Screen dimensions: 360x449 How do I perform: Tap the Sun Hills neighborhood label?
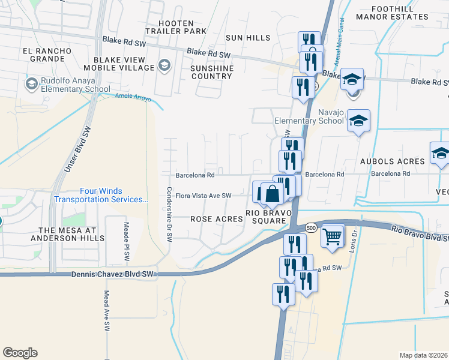click(248, 38)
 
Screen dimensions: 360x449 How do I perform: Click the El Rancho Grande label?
click(43, 55)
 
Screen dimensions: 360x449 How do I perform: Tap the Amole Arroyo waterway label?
click(130, 97)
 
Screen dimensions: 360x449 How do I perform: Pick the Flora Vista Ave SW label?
click(203, 196)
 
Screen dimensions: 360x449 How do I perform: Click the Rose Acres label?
click(217, 220)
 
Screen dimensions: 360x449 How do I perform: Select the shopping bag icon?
click(272, 194)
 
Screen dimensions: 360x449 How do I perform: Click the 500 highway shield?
click(310, 228)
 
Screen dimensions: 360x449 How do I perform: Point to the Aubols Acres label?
click(392, 161)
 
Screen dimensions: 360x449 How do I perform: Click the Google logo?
click(20, 353)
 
